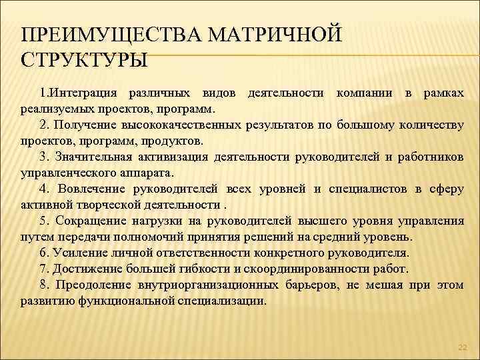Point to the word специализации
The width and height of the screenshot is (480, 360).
pyautogui.click(x=223, y=301)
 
